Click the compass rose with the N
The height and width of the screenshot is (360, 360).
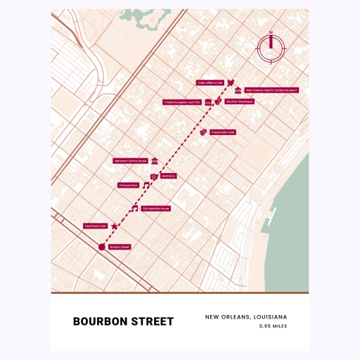[271, 47]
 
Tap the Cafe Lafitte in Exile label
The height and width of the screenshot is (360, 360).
[210, 82]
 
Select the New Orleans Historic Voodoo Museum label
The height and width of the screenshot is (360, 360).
[272, 91]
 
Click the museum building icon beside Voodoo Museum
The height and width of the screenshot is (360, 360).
[239, 91]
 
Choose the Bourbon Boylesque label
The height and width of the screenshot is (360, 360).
[239, 102]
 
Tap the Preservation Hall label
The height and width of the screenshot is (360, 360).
[222, 131]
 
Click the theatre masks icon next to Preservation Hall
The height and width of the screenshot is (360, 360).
[202, 131]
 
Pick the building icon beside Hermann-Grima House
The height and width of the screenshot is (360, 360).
[155, 161]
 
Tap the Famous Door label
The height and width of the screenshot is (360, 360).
[129, 186]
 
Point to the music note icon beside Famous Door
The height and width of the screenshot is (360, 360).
[146, 186]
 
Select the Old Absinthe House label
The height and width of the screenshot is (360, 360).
[156, 209]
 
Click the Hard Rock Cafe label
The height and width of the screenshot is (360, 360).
[95, 226]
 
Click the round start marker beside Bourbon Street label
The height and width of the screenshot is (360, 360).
[101, 247]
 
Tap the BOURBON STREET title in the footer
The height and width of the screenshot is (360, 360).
[123, 322]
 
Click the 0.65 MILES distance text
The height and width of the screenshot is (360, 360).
[273, 326]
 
